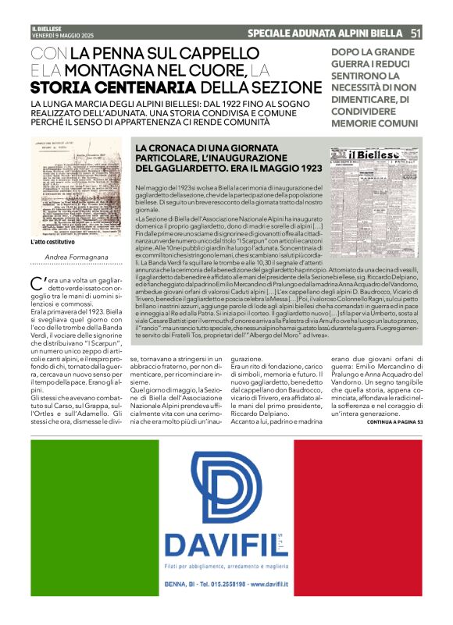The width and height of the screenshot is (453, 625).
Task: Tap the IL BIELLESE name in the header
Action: coord(46,28)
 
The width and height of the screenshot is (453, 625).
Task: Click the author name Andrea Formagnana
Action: coord(77,257)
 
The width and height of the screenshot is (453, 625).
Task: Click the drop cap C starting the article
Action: coord(35,282)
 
